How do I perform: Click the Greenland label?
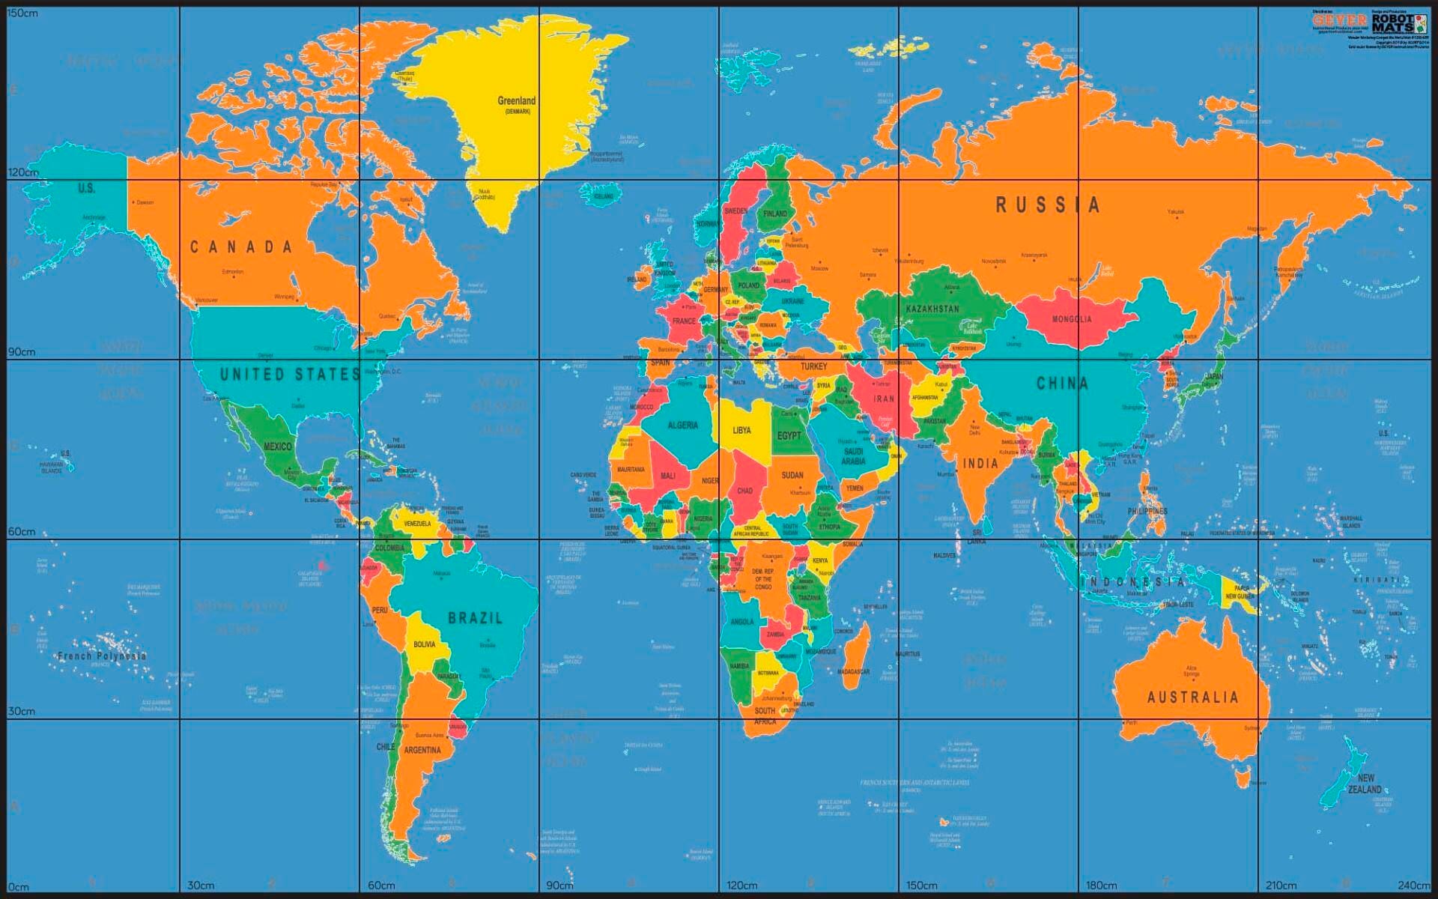[517, 101]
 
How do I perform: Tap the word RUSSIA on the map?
[1047, 205]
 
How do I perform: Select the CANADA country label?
[240, 247]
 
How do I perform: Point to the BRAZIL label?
[475, 618]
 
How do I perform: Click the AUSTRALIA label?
[1192, 697]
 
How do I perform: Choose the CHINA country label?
[1062, 384]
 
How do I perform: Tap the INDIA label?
[980, 464]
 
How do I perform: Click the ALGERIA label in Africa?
[682, 426]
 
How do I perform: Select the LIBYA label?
[741, 430]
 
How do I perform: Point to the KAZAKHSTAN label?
[932, 309]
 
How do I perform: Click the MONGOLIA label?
[1072, 319]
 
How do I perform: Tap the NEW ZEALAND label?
[1365, 784]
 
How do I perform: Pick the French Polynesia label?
[103, 656]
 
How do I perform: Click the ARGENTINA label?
[422, 750]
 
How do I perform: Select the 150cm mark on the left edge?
[22, 13]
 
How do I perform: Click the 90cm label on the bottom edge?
[560, 886]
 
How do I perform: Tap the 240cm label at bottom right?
[1413, 886]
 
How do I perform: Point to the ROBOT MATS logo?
[1394, 23]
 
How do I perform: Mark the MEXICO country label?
[277, 447]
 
